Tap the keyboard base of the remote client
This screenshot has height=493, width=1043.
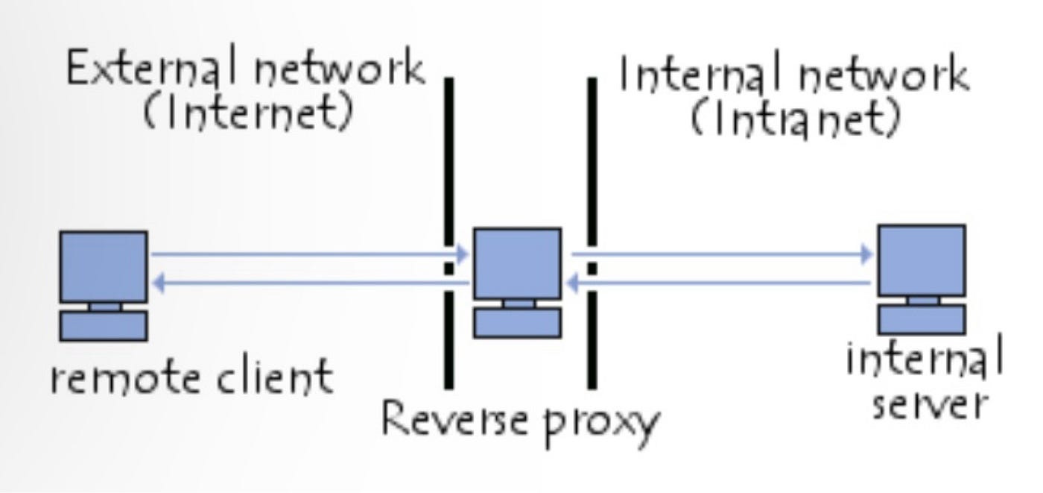(x=104, y=325)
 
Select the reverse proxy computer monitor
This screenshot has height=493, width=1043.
(x=518, y=263)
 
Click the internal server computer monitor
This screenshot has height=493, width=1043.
(x=921, y=260)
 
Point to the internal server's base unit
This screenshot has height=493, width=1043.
(x=921, y=318)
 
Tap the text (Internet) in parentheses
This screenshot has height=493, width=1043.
(x=247, y=113)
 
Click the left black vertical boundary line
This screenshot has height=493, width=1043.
(x=448, y=186)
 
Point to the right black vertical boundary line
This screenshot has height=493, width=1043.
(x=592, y=186)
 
